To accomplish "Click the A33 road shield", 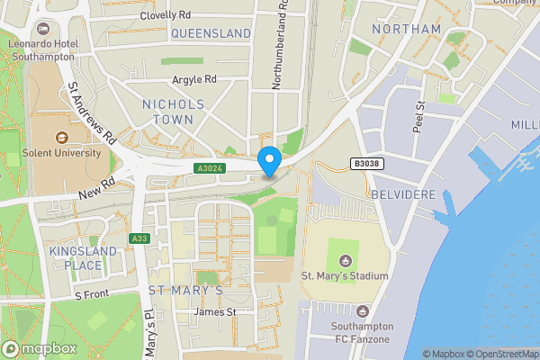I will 139,238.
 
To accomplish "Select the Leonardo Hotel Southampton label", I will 44,49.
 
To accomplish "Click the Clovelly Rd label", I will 166,15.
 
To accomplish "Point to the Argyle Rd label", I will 195,79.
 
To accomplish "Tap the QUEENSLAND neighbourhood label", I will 211,33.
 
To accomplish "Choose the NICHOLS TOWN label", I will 174,112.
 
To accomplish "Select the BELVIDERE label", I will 402,194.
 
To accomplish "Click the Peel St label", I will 418,118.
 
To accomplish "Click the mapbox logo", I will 39,348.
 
